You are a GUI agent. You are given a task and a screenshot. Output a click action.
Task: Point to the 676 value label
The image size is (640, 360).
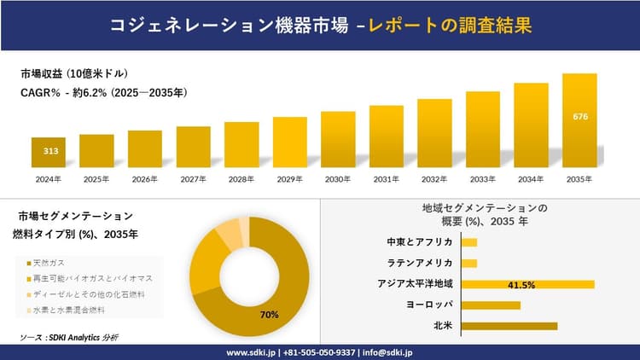click(x=579, y=115)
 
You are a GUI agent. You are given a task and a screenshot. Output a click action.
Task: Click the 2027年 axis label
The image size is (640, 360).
click(x=193, y=179)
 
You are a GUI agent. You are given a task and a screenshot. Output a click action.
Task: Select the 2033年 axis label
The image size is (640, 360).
click(x=483, y=179)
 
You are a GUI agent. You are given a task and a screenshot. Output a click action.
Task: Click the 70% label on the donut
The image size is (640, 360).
click(x=271, y=315)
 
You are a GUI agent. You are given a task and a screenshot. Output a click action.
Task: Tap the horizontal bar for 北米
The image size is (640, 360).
click(x=509, y=325)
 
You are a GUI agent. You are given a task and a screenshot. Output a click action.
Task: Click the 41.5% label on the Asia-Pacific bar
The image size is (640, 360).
click(x=521, y=284)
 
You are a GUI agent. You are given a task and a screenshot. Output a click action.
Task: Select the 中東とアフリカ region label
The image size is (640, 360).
click(x=419, y=242)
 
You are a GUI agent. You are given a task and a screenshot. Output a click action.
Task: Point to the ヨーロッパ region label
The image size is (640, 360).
click(x=430, y=305)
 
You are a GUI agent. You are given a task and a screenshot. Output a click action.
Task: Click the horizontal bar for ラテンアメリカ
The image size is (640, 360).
click(x=468, y=263)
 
